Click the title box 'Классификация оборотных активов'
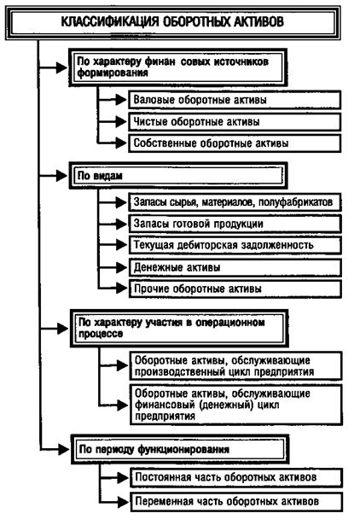(x=172, y=22)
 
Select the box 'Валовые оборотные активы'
(x=235, y=100)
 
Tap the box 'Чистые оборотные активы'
(x=235, y=121)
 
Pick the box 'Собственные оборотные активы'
(x=235, y=143)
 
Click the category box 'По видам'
(x=178, y=176)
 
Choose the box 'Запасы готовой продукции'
(x=235, y=224)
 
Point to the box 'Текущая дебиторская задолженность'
(x=235, y=245)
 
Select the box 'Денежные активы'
(x=235, y=267)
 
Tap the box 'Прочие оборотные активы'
(x=235, y=289)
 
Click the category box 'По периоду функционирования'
(x=180, y=449)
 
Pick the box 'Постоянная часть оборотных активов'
(x=236, y=477)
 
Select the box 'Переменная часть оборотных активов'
(x=236, y=502)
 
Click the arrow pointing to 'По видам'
(x=54, y=176)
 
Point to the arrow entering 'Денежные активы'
(x=113, y=267)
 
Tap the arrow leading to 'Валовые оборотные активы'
(x=113, y=99)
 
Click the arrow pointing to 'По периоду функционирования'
(x=55, y=449)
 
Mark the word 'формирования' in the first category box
(x=113, y=73)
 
